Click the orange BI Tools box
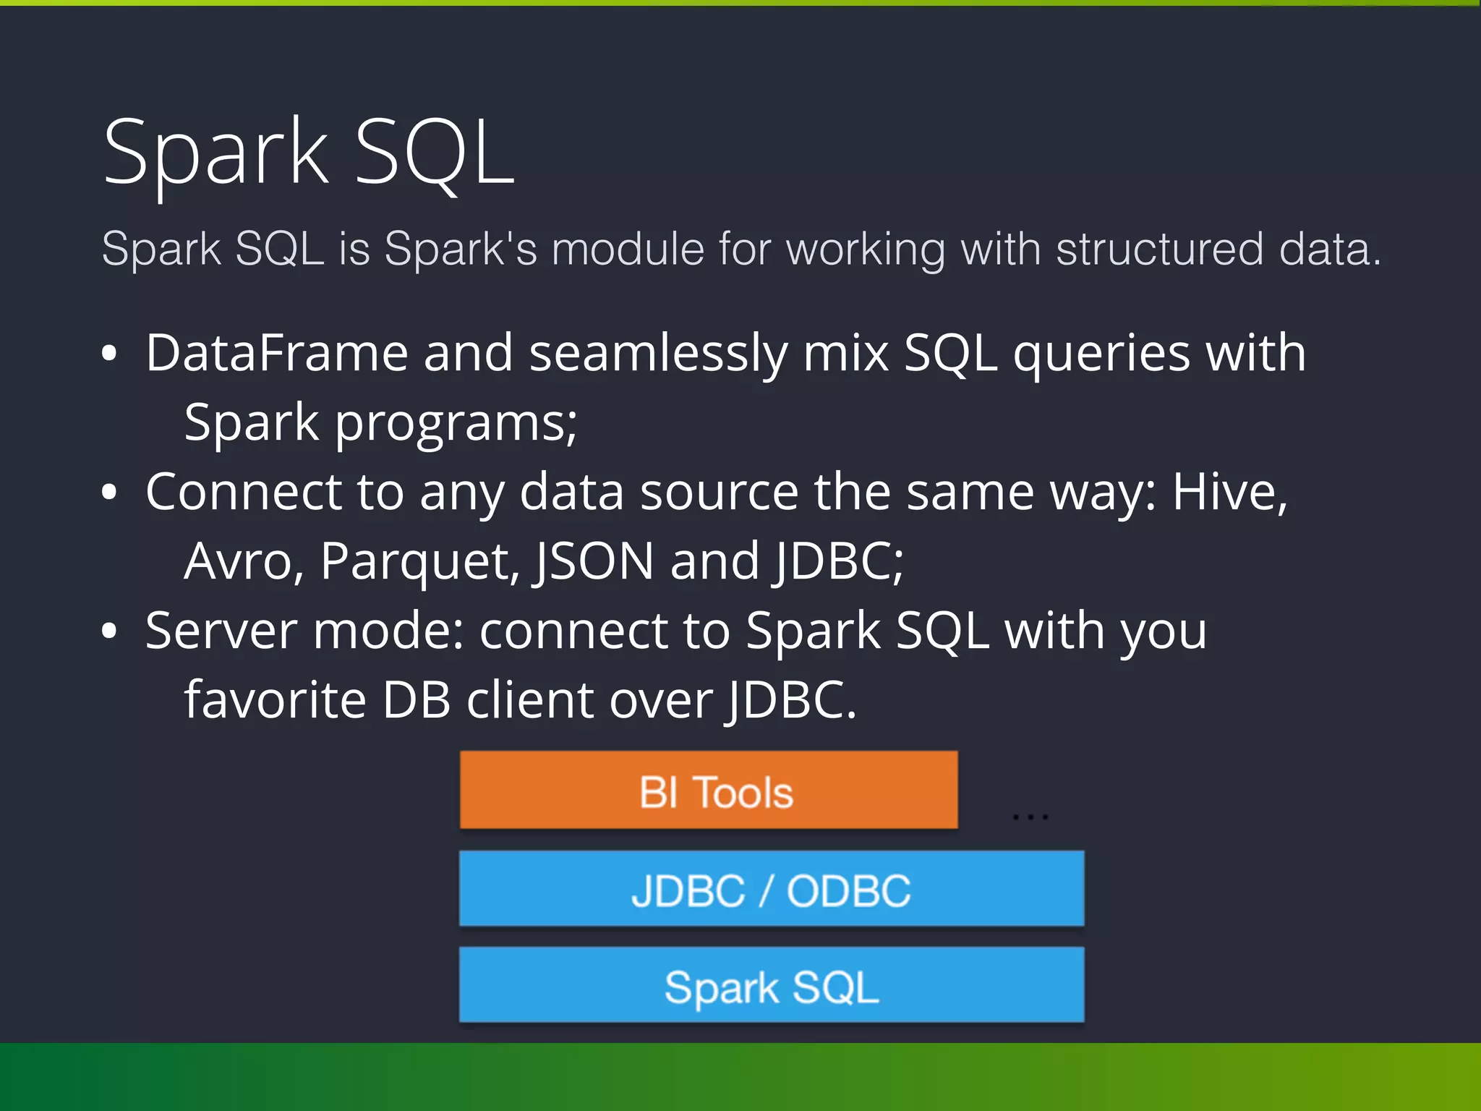709,790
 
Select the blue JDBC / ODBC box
772,889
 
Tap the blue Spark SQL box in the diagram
772,986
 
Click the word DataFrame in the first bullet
277,353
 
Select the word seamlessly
658,353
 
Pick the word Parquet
419,561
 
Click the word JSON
594,561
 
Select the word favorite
275,700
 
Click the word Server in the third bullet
221,631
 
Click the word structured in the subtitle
1159,250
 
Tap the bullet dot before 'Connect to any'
109,493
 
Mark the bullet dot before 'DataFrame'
109,354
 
